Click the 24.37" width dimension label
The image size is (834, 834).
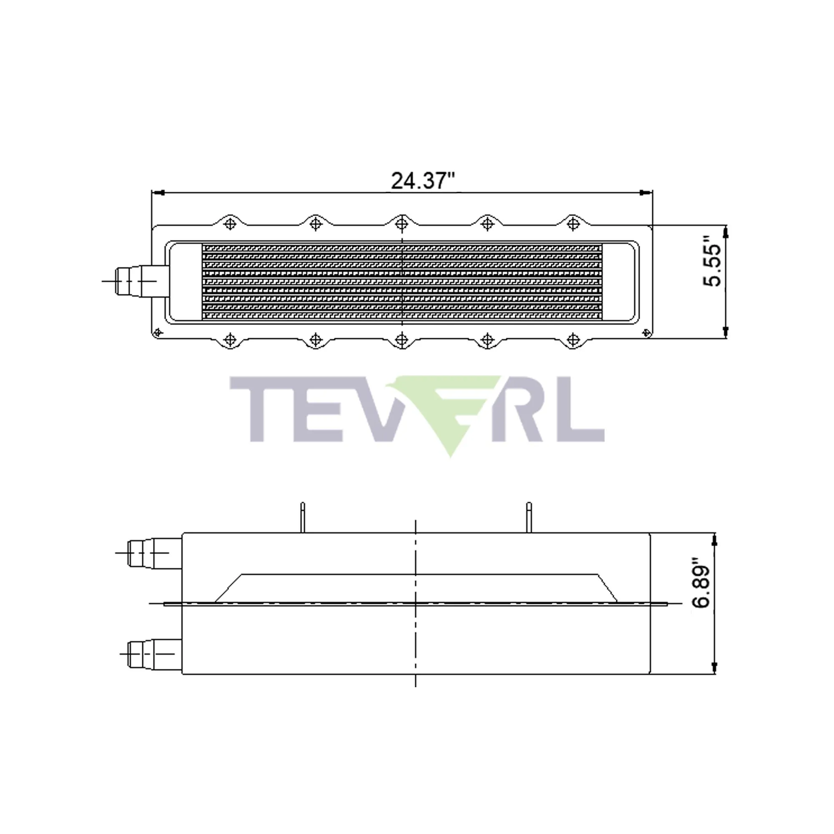422,181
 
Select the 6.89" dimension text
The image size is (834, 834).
701,588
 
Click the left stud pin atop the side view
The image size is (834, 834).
303,517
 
